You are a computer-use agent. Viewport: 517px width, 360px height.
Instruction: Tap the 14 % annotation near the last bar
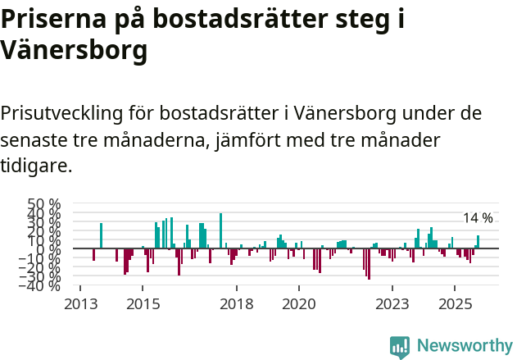pyautogui.click(x=478, y=218)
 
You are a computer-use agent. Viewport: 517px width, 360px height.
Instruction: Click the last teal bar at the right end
pyautogui.click(x=478, y=242)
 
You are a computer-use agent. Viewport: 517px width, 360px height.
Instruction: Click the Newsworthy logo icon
pyautogui.click(x=400, y=347)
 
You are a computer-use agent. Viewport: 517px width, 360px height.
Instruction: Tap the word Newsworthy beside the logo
pyautogui.click(x=464, y=346)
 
